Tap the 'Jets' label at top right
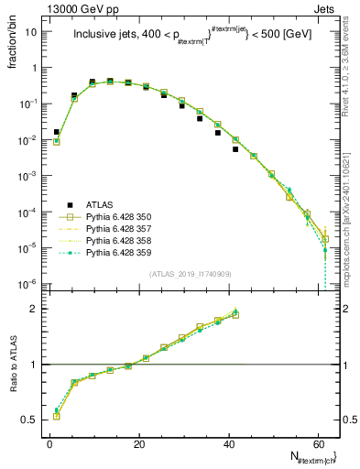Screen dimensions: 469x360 325,8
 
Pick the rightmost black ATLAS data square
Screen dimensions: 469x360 235,149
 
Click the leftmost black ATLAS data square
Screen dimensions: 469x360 57,132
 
